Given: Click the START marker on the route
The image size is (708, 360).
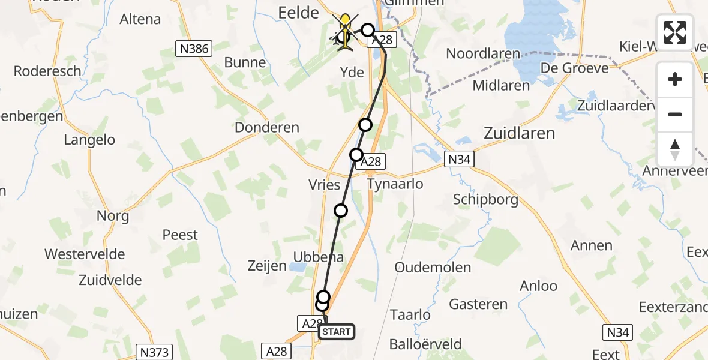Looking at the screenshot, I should click(x=337, y=332).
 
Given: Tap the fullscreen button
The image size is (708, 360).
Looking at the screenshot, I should click(x=675, y=32).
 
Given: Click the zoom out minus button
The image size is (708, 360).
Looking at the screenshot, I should click(x=675, y=114).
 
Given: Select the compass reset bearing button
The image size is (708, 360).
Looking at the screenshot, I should click(x=675, y=149).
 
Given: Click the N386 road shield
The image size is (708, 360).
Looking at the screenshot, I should click(x=194, y=49).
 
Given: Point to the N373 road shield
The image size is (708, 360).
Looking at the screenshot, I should click(x=154, y=352).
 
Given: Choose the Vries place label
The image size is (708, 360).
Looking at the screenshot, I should click(x=324, y=185).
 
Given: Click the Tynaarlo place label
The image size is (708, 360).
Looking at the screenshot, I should click(x=395, y=184).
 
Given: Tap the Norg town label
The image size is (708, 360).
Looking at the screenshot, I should click(x=113, y=215).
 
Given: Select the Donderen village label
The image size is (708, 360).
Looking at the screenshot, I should click(x=267, y=127).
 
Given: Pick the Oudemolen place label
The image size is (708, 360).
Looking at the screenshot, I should click(x=433, y=268).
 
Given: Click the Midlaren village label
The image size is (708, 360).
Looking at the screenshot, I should click(x=501, y=85).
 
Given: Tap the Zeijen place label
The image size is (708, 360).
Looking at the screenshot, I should click(x=268, y=266).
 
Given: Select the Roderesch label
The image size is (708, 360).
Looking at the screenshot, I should click(x=47, y=71).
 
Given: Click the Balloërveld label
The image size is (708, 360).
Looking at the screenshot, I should click(x=425, y=344).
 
